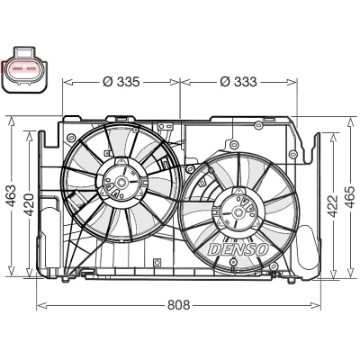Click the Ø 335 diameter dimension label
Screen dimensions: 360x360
121,82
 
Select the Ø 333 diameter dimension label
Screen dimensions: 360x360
238,82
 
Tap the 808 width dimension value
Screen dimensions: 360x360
179,305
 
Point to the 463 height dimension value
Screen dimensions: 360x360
11,195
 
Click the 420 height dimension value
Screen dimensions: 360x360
29,205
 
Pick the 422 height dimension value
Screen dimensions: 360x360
332,205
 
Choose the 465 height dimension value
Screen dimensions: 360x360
350,197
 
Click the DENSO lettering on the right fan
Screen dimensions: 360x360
238,249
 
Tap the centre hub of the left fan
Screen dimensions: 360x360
121,182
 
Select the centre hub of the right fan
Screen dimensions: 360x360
238,211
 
